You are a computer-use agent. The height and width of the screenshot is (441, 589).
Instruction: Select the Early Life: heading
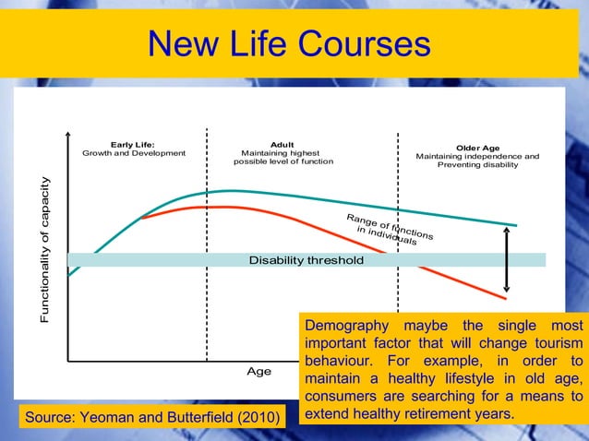click(x=133, y=145)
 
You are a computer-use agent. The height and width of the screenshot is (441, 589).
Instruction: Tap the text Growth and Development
click(x=134, y=153)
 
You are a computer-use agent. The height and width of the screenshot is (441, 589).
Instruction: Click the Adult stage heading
click(x=282, y=145)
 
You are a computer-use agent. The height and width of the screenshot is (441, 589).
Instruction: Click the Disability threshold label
click(x=306, y=260)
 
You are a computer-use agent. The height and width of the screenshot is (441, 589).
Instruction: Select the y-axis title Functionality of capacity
click(x=45, y=249)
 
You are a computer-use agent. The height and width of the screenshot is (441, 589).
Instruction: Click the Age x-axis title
click(x=258, y=371)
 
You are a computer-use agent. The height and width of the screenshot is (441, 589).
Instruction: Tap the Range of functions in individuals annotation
click(x=388, y=229)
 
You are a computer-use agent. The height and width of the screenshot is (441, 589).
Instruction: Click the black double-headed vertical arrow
click(x=507, y=259)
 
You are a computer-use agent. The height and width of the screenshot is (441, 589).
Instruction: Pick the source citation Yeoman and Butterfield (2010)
click(x=151, y=420)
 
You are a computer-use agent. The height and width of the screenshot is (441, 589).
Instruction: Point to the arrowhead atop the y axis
click(x=67, y=137)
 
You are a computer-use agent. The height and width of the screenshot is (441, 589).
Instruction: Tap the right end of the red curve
click(x=506, y=299)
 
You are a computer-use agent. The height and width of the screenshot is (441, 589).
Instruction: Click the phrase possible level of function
click(x=282, y=161)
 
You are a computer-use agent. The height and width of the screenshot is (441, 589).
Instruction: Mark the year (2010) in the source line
click(x=258, y=420)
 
